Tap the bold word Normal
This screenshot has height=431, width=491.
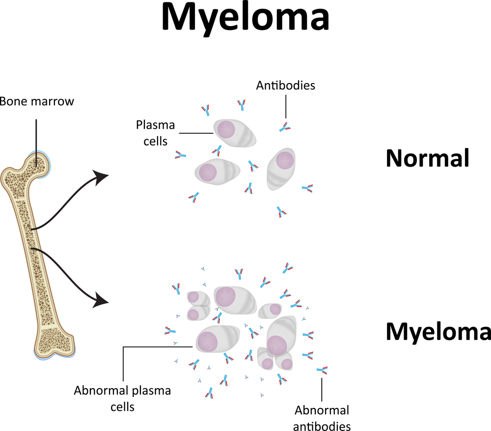[428, 158]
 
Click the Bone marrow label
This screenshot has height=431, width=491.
[36, 102]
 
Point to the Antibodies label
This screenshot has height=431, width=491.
[285, 86]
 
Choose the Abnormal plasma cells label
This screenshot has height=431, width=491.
[122, 399]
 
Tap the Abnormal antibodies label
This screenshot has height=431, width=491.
[322, 418]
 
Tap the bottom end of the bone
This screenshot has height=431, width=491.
[54, 346]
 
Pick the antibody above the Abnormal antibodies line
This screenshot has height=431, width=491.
[323, 370]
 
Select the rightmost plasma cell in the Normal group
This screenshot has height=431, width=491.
[282, 169]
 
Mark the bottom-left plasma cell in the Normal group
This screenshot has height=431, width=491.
[217, 171]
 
